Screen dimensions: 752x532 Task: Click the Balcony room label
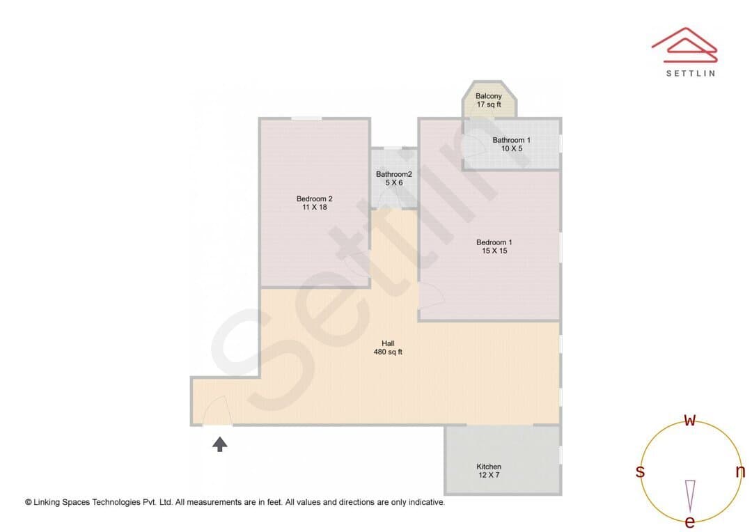(x=488, y=96)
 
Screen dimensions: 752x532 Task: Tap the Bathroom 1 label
(x=511, y=140)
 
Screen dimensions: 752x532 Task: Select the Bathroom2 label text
(x=393, y=174)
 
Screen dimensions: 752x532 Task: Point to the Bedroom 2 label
(x=314, y=198)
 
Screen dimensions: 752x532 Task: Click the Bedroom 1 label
(x=494, y=242)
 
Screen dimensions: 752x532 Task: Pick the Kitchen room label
(x=489, y=467)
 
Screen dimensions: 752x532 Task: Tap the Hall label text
(x=388, y=343)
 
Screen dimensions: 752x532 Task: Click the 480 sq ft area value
(x=388, y=352)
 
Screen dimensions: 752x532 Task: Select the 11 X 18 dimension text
(x=315, y=208)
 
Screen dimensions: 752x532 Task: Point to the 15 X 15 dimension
(x=494, y=251)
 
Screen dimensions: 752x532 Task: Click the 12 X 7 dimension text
(x=489, y=475)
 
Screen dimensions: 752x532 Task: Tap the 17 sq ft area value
(x=489, y=104)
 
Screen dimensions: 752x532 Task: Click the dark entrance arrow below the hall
(x=219, y=444)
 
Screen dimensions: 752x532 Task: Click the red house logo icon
(x=684, y=45)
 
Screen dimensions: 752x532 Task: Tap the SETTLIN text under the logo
(x=691, y=73)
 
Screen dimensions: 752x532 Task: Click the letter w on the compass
(x=689, y=420)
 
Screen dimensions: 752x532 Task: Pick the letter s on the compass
(x=640, y=471)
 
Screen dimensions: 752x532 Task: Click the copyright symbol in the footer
(x=29, y=502)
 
